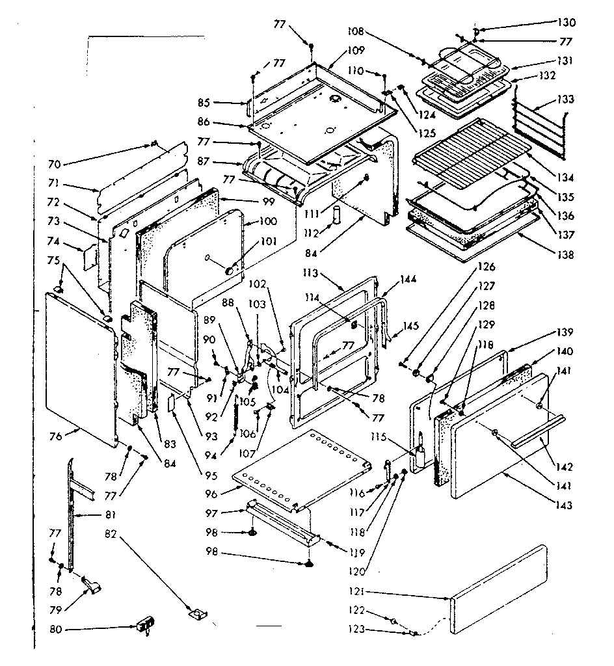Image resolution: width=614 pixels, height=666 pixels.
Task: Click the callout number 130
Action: click(x=566, y=23)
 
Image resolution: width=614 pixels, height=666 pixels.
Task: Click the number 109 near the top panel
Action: click(x=355, y=51)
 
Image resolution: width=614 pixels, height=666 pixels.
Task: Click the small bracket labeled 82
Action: click(x=196, y=613)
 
